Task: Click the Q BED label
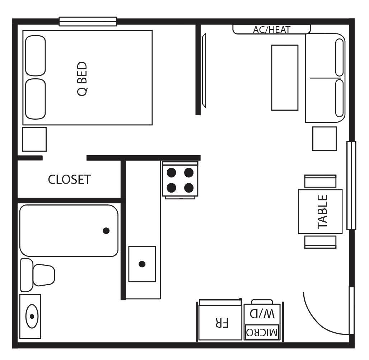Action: [x=82, y=79]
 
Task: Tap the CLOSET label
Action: [x=69, y=179]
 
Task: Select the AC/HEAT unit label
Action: [x=271, y=30]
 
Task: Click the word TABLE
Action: [x=323, y=212]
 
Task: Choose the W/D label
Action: [x=262, y=314]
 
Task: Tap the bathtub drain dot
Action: [x=106, y=231]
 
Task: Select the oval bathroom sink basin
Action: [x=32, y=316]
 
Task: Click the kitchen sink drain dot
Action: [x=142, y=264]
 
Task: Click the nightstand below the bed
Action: [x=34, y=139]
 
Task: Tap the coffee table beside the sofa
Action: [x=285, y=77]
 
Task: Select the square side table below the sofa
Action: [x=324, y=139]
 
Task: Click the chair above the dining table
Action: [x=320, y=181]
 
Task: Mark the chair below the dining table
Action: [x=320, y=242]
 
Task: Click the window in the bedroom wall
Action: [x=88, y=22]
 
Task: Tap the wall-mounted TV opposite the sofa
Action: [x=204, y=70]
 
